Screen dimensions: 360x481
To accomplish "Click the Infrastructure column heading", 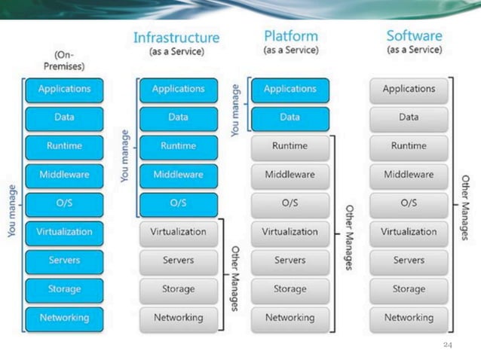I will pos(176,38).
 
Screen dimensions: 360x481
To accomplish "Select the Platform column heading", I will pos(290,36).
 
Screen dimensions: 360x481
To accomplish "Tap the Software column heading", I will pos(414,36).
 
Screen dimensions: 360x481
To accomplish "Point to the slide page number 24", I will pos(447,345).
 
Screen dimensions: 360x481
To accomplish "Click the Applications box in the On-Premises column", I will pos(64,89).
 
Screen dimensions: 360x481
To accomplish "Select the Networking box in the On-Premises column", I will pos(64,318).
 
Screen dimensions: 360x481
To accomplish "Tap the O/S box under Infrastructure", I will pos(178,203).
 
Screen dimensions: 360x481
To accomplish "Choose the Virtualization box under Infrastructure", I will pos(178,232).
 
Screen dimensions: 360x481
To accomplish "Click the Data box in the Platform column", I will pos(290,117).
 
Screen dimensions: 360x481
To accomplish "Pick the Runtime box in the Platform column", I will pos(290,146).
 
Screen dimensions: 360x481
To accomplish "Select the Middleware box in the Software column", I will pos(409,175).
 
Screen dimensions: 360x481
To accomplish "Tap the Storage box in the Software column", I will pos(409,289).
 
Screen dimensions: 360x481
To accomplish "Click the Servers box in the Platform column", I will pos(290,261).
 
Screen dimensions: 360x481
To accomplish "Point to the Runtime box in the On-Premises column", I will pos(64,146).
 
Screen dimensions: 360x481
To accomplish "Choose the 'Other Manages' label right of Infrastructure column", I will pos(235,275).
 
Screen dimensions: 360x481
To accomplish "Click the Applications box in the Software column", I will pos(409,89).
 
